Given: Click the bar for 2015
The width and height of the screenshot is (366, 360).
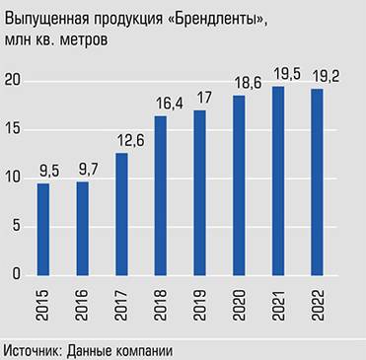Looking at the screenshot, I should (x=43, y=229).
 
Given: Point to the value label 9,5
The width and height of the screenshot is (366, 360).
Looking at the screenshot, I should (x=43, y=170).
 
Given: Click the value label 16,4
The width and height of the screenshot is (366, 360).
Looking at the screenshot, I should (x=161, y=103).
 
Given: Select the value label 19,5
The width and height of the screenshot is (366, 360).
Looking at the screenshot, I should (x=278, y=72).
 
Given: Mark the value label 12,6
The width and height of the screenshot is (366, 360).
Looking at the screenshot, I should (x=121, y=139).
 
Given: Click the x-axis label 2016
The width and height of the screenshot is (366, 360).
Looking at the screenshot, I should (x=83, y=308).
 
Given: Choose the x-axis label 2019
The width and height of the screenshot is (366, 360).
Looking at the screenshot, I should (x=200, y=308).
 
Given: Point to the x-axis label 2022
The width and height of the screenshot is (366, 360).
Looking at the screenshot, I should (x=318, y=308).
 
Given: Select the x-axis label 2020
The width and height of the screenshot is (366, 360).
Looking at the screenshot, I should (x=240, y=308).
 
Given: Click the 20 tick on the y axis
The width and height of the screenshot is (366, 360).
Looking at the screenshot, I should (x=11, y=81).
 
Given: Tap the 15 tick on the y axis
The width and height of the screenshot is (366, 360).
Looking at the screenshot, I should (x=11, y=129).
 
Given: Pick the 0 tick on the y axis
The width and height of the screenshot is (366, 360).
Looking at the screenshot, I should (x=15, y=274).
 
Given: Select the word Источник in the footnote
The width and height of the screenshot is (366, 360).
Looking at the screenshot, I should (x=36, y=349).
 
